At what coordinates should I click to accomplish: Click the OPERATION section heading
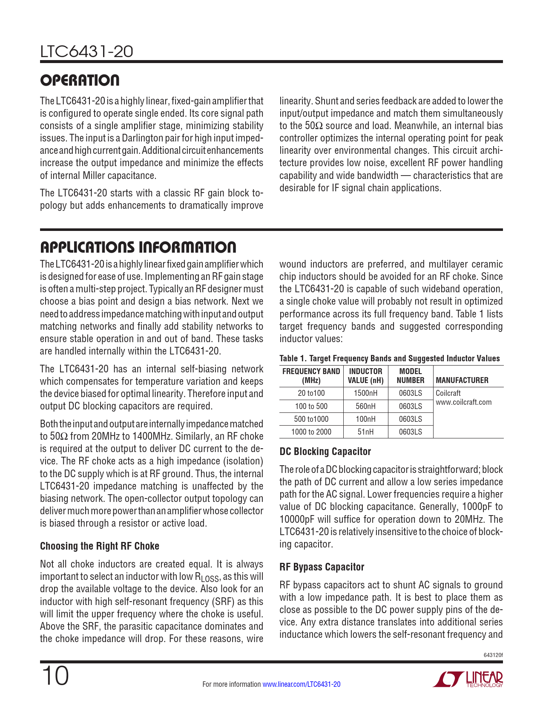[80, 80]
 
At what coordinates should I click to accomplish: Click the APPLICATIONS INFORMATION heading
[138, 247]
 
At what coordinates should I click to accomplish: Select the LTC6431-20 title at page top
[86, 52]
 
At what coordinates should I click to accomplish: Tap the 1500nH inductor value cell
[365, 393]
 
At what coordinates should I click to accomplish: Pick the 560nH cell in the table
[365, 406]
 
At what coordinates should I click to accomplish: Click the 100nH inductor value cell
[365, 419]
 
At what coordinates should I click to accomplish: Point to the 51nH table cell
[365, 432]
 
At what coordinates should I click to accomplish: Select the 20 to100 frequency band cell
[311, 393]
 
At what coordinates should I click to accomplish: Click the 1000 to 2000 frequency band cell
[311, 432]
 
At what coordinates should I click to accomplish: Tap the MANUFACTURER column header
[462, 380]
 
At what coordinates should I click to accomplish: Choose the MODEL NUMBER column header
[411, 376]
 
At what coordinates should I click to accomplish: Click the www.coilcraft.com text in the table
[464, 402]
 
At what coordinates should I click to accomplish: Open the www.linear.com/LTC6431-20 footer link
[302, 684]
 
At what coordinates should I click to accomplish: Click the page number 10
[55, 676]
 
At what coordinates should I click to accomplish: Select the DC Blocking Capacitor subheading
[325, 452]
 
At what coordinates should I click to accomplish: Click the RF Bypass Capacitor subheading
[322, 567]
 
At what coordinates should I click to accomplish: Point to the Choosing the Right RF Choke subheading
[100, 546]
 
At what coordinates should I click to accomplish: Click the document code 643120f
[493, 655]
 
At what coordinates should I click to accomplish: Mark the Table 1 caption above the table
[389, 358]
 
